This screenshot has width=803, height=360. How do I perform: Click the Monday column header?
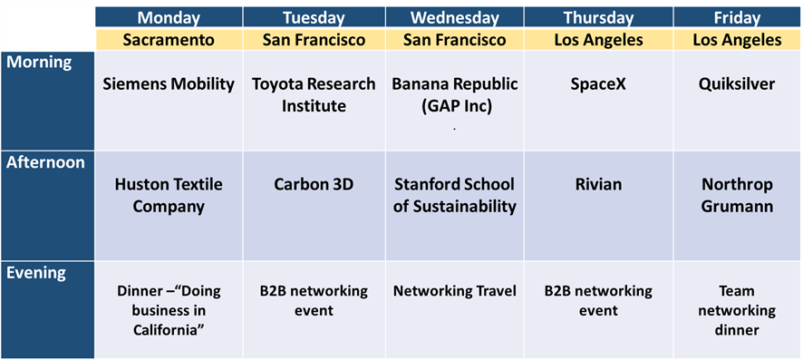pyautogui.click(x=169, y=18)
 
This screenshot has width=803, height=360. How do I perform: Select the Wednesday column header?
pyautogui.click(x=455, y=18)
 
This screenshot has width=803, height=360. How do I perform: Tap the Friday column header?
pyautogui.click(x=738, y=18)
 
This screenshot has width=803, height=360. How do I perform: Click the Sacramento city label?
pyautogui.click(x=169, y=40)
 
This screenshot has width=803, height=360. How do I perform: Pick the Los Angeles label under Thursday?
pyautogui.click(x=599, y=40)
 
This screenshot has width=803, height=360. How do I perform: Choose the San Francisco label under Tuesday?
pyautogui.click(x=314, y=40)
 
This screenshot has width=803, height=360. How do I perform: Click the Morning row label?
pyautogui.click(x=40, y=63)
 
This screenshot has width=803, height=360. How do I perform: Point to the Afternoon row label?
pyautogui.click(x=45, y=162)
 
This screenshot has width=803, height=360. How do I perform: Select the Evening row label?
pyautogui.click(x=36, y=273)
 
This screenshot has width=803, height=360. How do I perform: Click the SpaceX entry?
pyautogui.click(x=598, y=84)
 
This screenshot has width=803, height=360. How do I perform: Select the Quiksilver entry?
pyautogui.click(x=737, y=84)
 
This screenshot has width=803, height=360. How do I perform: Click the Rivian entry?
pyautogui.click(x=598, y=184)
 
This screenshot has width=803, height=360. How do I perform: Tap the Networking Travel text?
pyautogui.click(x=454, y=291)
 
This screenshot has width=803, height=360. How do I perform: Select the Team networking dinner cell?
pyautogui.click(x=737, y=310)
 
